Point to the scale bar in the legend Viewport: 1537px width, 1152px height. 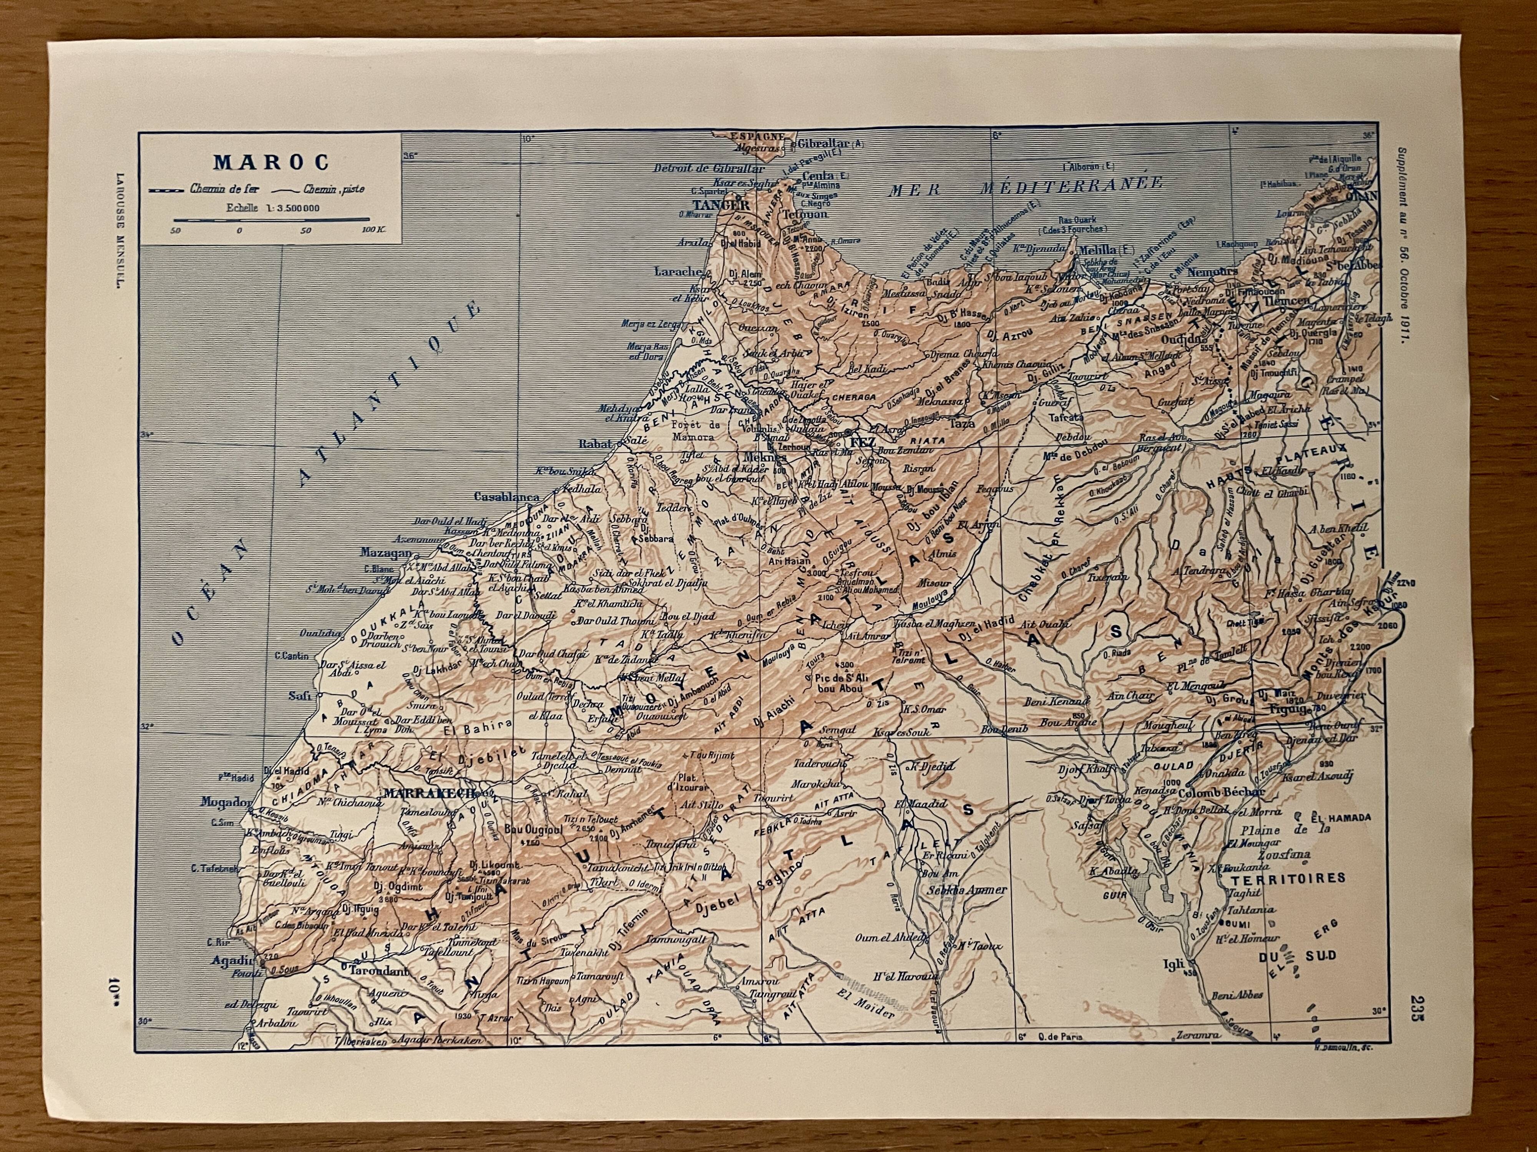pos(271,219)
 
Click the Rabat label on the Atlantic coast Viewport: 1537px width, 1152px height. pos(596,444)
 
